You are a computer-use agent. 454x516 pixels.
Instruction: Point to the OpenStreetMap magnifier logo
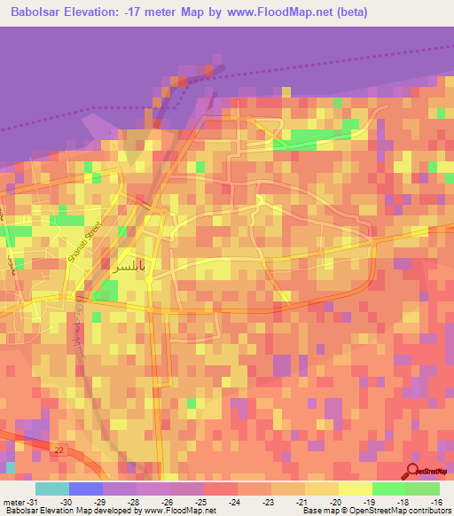pyautogui.click(x=413, y=472)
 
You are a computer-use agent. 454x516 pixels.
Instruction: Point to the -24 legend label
pyautogui.click(x=235, y=501)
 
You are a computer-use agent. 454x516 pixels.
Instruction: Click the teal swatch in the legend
pyautogui.click(x=52, y=489)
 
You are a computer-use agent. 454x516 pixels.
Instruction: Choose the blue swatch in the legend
pyautogui.click(x=86, y=489)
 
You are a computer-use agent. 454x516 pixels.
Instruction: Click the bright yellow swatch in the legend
pyautogui.click(x=356, y=489)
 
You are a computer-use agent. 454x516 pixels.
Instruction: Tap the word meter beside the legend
pyautogui.click(x=12, y=501)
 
